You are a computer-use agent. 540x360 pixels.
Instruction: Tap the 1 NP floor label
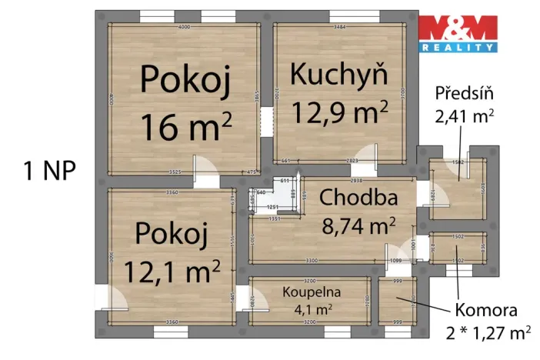coord(48,171)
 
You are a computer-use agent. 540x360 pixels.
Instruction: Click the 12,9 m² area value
coord(339,112)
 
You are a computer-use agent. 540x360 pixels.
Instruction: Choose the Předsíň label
coord(464,96)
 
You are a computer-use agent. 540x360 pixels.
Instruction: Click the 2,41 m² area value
coord(464,116)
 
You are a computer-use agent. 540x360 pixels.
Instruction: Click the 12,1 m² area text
coord(168,270)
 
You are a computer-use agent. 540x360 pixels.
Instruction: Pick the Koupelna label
coord(306,293)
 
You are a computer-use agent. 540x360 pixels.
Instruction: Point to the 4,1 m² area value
coord(306,310)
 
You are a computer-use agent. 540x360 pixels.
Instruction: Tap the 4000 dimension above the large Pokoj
coord(184,27)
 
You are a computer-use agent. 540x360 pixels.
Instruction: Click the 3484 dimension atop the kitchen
coord(339,27)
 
